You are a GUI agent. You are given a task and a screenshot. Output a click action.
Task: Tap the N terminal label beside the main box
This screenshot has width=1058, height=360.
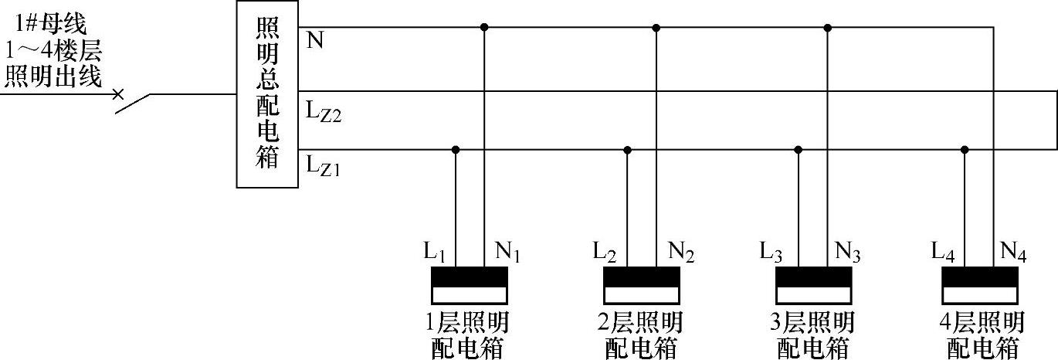coord(315,41)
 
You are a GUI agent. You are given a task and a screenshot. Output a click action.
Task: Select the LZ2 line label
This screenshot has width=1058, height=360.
coord(323,114)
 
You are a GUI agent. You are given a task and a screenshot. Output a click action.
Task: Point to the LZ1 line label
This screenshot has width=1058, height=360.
coord(323,165)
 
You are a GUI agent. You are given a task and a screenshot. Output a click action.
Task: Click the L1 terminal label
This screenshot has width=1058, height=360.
coord(435,252)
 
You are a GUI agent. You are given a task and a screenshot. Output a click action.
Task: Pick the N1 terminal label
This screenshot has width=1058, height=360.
coord(507,252)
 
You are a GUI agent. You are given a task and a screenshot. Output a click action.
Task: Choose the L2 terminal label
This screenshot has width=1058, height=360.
coord(606,252)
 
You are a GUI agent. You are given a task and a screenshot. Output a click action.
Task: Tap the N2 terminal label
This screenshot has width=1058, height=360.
coord(680,252)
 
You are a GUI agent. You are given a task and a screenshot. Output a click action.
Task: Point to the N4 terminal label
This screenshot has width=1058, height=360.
coord(1014,252)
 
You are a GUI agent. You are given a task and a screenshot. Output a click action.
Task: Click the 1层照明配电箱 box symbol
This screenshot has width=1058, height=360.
coord(470,285)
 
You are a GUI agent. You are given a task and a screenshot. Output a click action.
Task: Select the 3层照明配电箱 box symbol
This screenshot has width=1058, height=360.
coord(815,285)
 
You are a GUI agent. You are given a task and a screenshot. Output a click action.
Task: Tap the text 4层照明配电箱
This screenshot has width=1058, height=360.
coord(982,335)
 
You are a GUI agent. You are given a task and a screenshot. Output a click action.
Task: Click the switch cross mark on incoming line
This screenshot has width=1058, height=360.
coord(117,94)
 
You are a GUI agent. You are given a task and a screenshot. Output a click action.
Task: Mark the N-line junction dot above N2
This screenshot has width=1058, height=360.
coord(656,28)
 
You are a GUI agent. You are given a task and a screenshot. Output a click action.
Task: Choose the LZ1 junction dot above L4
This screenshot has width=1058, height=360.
coord(965,150)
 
